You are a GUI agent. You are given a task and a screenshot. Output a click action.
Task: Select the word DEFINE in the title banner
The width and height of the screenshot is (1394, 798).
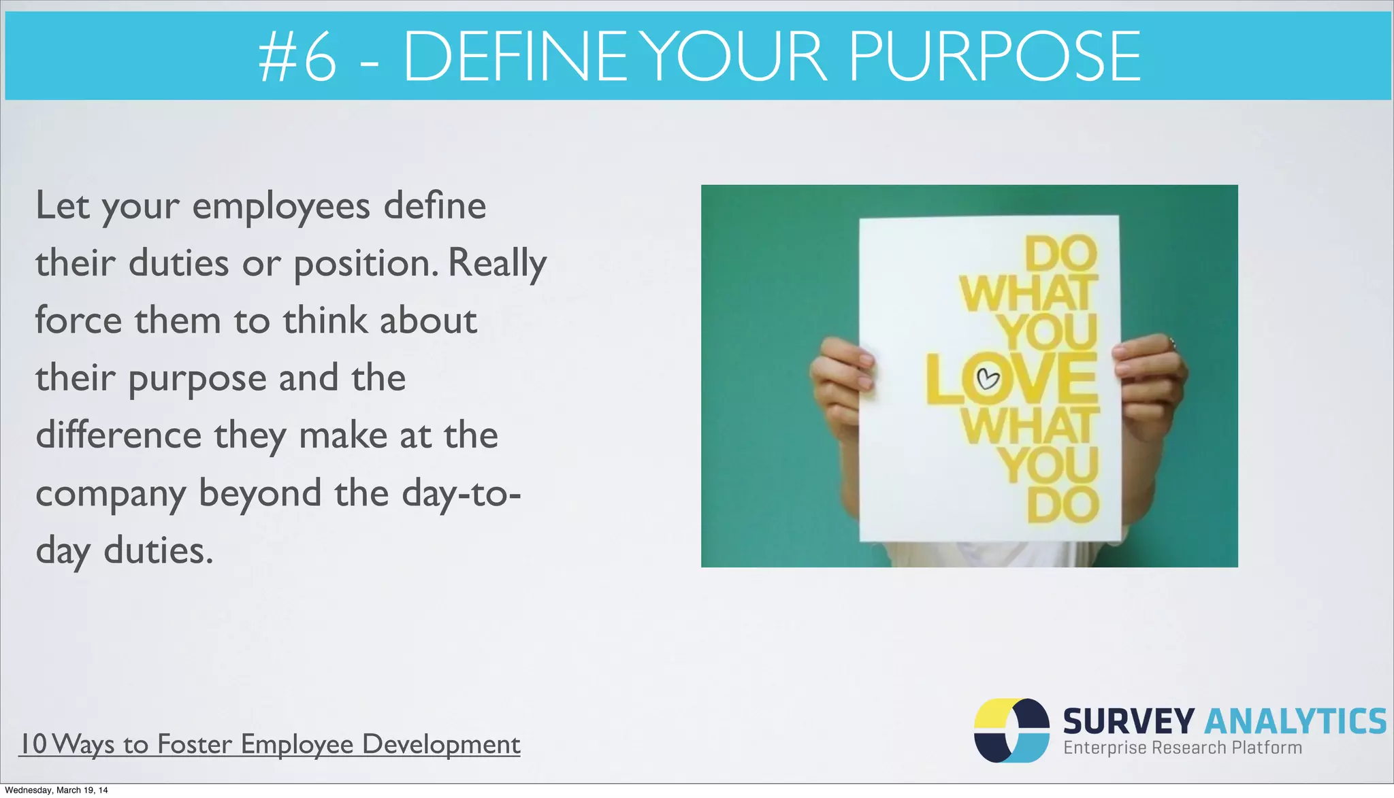[x=515, y=57]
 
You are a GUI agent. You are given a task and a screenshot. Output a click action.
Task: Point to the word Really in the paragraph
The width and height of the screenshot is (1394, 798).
[x=498, y=264]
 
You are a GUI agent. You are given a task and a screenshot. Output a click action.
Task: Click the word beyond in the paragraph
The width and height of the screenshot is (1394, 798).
[x=260, y=493]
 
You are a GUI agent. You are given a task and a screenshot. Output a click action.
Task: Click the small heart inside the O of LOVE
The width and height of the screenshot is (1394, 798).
[x=988, y=378]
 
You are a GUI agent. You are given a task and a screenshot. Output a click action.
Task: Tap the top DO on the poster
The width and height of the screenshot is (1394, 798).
[x=1060, y=254]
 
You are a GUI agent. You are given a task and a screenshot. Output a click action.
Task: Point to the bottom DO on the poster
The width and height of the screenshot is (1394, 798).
[x=1063, y=505]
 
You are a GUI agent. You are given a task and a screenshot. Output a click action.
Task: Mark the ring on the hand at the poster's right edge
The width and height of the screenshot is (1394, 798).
[x=1171, y=342]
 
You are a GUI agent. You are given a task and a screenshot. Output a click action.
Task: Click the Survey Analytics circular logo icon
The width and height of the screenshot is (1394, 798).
[x=1011, y=730]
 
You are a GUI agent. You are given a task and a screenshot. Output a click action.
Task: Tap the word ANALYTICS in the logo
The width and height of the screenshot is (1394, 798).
[x=1295, y=722]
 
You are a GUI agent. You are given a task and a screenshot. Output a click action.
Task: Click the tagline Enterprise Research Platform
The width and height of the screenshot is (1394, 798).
[x=1182, y=748]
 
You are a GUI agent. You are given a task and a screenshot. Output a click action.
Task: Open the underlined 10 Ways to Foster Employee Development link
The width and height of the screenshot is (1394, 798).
[x=270, y=744]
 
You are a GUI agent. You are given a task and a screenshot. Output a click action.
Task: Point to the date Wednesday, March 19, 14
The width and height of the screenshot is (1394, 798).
[x=56, y=791]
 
